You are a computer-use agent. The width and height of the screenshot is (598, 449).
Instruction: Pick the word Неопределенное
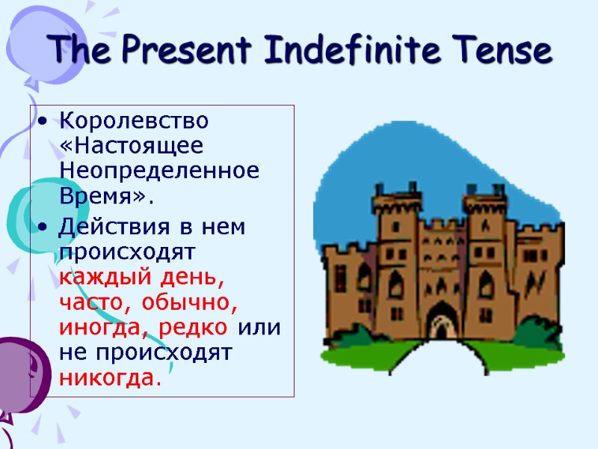point(159,171)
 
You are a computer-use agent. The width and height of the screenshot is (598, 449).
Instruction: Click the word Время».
point(105,197)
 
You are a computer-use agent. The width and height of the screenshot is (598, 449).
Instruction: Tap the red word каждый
point(102,278)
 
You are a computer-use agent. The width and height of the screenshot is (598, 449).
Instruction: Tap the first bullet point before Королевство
point(44,121)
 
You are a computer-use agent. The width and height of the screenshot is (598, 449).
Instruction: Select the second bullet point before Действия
point(44,227)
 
